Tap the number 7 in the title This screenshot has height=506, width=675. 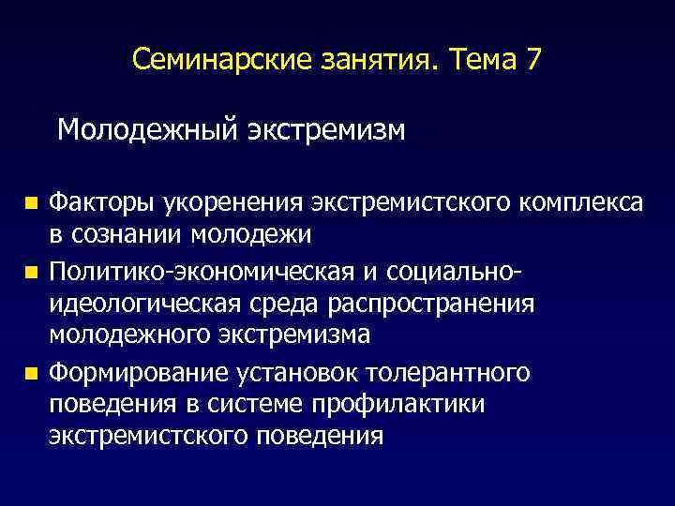coord(533,61)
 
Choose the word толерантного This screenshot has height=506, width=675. coord(454,373)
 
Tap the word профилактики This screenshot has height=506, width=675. coord(406,404)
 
